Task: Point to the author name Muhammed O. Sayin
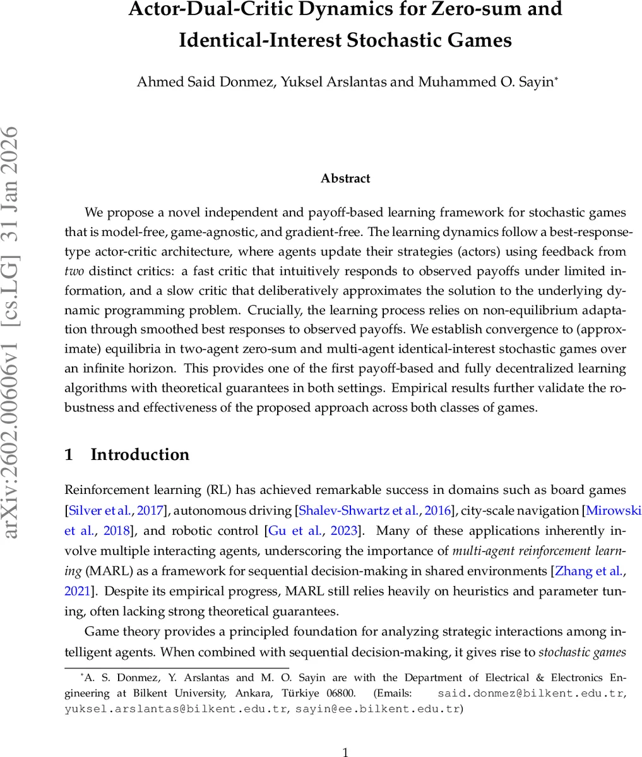485,83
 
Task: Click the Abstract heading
345,179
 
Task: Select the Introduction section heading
140,455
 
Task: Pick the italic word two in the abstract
74,271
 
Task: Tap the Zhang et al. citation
589,571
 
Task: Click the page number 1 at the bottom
345,751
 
